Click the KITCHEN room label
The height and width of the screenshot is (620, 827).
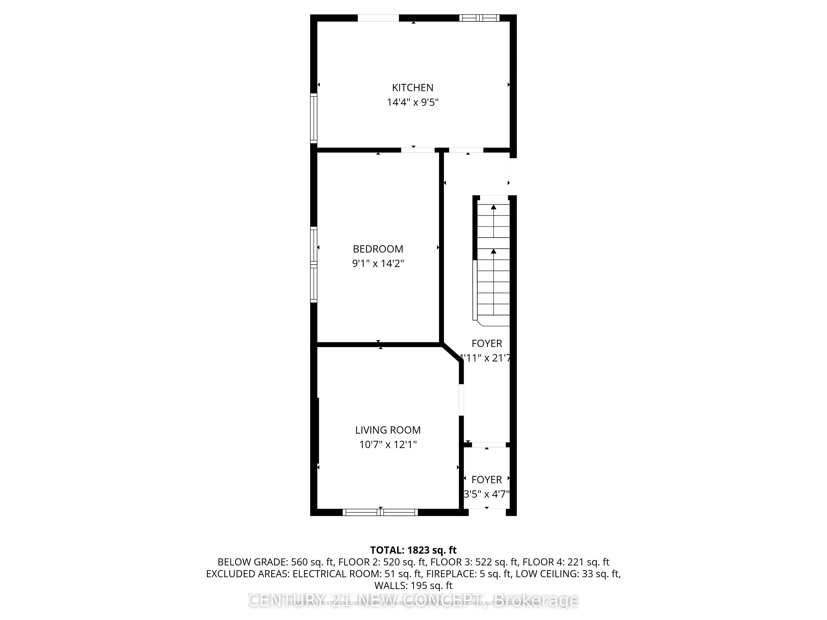pyautogui.click(x=412, y=87)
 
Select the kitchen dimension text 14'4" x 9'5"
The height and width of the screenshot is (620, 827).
pyautogui.click(x=412, y=102)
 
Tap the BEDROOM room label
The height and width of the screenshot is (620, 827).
pyautogui.click(x=378, y=249)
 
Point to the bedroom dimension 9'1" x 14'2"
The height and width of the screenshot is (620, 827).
pyautogui.click(x=378, y=263)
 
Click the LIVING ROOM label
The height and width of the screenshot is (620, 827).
pyautogui.click(x=388, y=430)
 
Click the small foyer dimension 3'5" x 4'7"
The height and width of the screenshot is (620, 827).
pyautogui.click(x=486, y=494)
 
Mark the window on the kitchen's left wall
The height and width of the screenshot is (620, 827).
pyautogui.click(x=314, y=118)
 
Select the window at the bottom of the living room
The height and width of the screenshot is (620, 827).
pyautogui.click(x=380, y=512)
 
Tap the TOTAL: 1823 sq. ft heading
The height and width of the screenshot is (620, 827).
pyautogui.click(x=413, y=550)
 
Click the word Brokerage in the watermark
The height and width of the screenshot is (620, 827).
pyautogui.click(x=537, y=601)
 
